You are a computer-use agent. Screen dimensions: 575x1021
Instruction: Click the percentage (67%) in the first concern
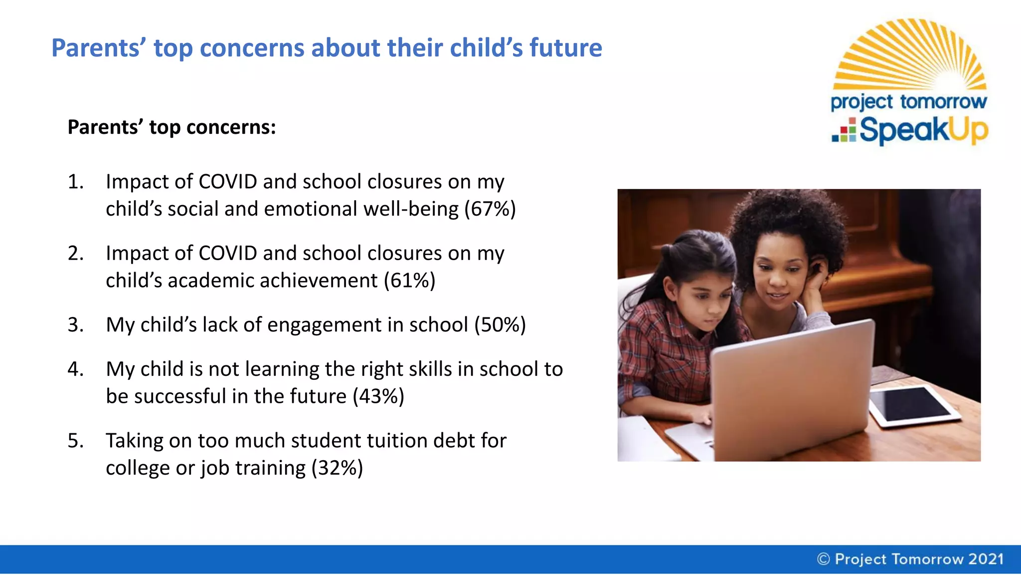pyautogui.click(x=490, y=209)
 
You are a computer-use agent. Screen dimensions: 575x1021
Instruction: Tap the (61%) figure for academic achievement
pyautogui.click(x=410, y=281)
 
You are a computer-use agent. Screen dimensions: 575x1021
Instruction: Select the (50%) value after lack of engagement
pyautogui.click(x=500, y=325)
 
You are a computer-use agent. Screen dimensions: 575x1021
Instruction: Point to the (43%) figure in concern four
pyautogui.click(x=378, y=397)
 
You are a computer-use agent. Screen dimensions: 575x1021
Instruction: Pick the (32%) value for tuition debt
pyautogui.click(x=337, y=469)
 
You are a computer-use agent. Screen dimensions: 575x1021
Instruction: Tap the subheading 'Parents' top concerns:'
pyautogui.click(x=171, y=128)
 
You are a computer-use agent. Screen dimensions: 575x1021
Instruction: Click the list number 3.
pyautogui.click(x=75, y=325)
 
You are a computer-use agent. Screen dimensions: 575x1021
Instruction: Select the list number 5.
pyautogui.click(x=75, y=441)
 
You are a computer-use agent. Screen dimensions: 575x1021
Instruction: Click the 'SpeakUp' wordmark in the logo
pyautogui.click(x=924, y=130)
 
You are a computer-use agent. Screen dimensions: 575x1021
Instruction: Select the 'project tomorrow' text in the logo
pyautogui.click(x=908, y=102)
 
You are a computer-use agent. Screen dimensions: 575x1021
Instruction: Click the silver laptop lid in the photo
pyautogui.click(x=793, y=389)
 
